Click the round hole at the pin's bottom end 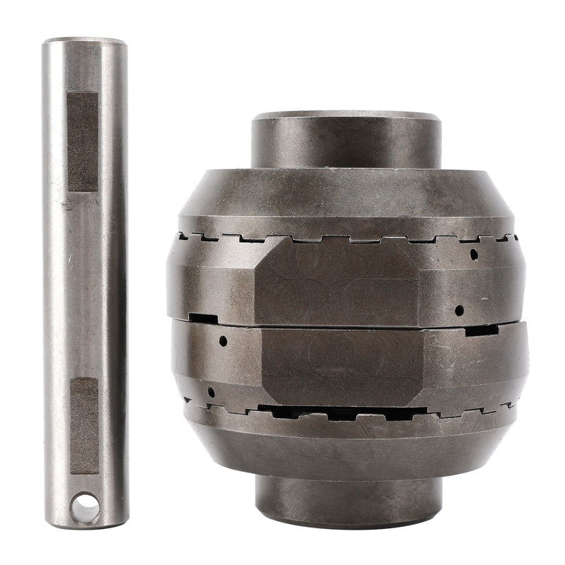coord(85,507)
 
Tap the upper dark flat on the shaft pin coord(83,141)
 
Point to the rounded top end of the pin coord(84,42)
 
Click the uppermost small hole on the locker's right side coord(474,252)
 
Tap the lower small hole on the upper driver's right coord(459,309)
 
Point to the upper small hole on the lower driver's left coord(222,340)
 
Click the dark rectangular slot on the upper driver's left coord(203,319)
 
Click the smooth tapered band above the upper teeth coord(346,205)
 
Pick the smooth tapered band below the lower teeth coord(346,445)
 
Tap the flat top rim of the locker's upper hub coord(346,115)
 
